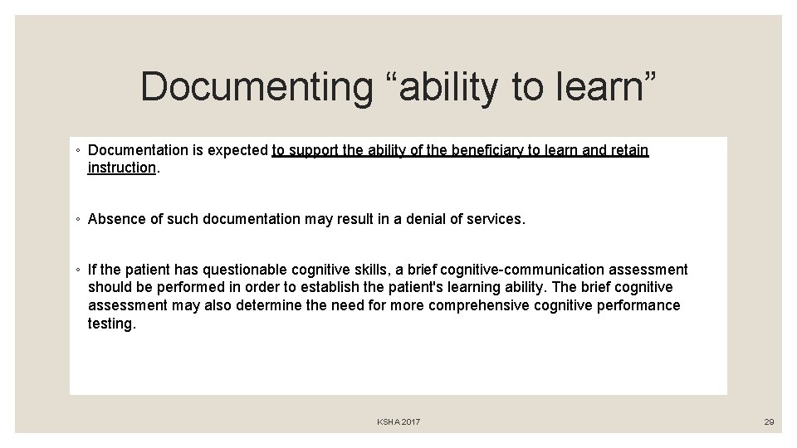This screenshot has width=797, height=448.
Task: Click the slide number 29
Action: pyautogui.click(x=769, y=422)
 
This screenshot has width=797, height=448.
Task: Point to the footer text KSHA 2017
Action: pyautogui.click(x=398, y=422)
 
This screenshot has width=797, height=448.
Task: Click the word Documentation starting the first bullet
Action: pyautogui.click(x=139, y=150)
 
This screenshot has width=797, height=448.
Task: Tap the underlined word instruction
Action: pyautogui.click(x=121, y=168)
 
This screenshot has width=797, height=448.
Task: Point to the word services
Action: pyautogui.click(x=497, y=219)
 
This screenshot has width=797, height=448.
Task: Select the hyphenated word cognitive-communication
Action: pyautogui.click(x=522, y=270)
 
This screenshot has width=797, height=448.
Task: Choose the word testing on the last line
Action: pyautogui.click(x=111, y=324)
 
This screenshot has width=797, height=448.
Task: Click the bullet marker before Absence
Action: pyautogui.click(x=77, y=220)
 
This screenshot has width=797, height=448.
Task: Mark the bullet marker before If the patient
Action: pyautogui.click(x=77, y=270)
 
